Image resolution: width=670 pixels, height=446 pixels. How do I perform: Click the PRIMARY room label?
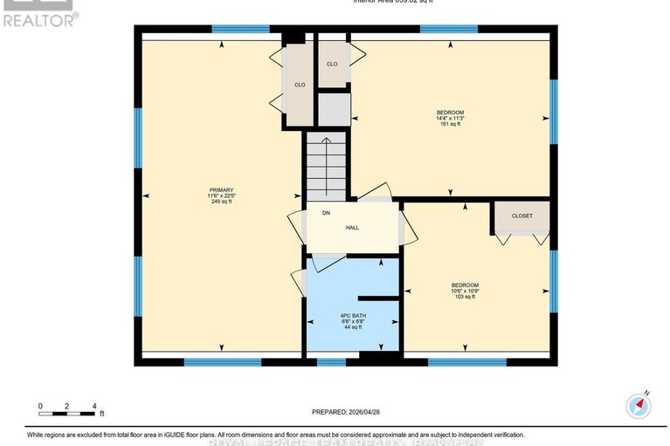[x=221, y=190]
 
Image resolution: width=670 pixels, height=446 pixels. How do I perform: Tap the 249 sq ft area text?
[x=221, y=202]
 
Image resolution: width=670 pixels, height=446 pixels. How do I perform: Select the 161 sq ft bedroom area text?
[x=450, y=125]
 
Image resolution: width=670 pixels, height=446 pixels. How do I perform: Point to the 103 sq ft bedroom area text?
[x=465, y=298]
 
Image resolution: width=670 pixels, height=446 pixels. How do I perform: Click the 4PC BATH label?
[x=352, y=315]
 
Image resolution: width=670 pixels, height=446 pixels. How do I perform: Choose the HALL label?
[x=352, y=228]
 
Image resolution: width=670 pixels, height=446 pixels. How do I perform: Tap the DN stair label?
[x=325, y=213]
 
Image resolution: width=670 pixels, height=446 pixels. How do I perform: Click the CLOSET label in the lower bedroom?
[x=521, y=216]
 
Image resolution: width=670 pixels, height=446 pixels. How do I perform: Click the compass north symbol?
[x=639, y=406]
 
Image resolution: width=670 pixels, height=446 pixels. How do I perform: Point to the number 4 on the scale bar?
[x=94, y=406]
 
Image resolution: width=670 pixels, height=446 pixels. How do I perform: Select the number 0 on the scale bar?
[x=39, y=406]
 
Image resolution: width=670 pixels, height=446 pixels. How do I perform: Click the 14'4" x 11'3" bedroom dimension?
[x=450, y=119]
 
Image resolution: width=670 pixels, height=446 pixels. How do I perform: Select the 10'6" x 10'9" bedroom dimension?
[x=465, y=292]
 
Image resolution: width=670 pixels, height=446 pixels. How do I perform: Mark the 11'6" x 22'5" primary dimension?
[x=221, y=196]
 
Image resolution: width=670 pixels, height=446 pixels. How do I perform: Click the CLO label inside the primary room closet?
[x=299, y=85]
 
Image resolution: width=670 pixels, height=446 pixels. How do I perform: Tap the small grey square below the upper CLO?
[x=333, y=109]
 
